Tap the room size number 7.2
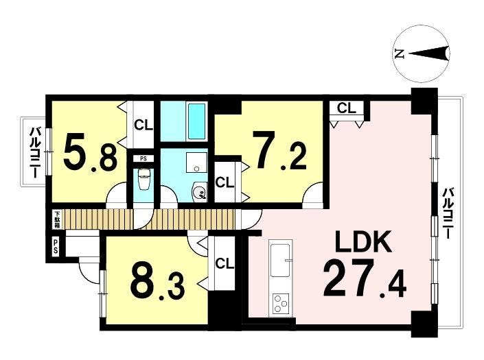pyautogui.click(x=279, y=150)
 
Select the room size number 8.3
pyautogui.click(x=158, y=285)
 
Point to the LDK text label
pyautogui.click(x=364, y=241)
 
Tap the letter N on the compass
pyautogui.click(x=400, y=54)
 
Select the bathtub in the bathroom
pyautogui.click(x=196, y=121)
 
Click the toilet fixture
pyautogui.click(x=143, y=179)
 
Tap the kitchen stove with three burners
pyautogui.click(x=281, y=304)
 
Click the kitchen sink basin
pyautogui.click(x=280, y=260)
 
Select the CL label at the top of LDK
pyautogui.click(x=346, y=108)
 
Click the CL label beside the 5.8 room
pyautogui.click(x=143, y=125)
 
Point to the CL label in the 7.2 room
pyautogui.click(x=224, y=183)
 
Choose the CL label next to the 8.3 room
pyautogui.click(x=224, y=263)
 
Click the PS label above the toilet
pyautogui.click(x=143, y=159)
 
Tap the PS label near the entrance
pyautogui.click(x=56, y=247)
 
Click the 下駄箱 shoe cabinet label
pyautogui.click(x=57, y=219)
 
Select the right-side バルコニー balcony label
pyautogui.click(x=447, y=213)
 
